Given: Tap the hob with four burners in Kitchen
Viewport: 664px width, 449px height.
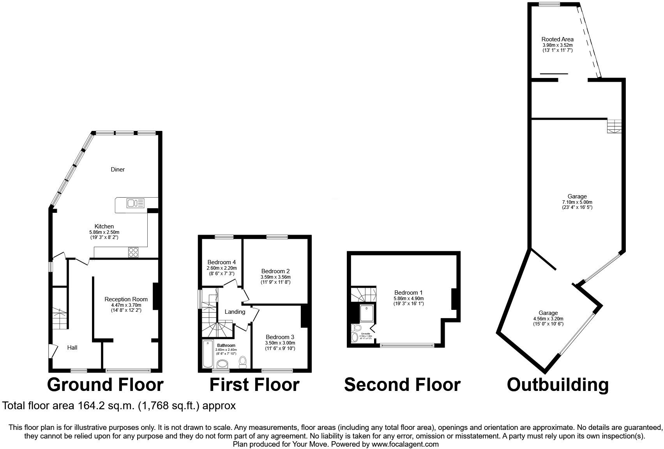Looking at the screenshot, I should tap(133, 253).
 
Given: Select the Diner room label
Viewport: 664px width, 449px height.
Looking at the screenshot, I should tap(118, 169).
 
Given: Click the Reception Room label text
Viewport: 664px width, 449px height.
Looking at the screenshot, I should tap(126, 299).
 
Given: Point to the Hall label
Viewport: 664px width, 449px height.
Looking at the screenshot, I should tap(72, 347).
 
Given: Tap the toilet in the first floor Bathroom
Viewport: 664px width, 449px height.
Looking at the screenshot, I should tap(243, 362).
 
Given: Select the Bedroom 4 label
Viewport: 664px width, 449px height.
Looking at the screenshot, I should tap(221, 262).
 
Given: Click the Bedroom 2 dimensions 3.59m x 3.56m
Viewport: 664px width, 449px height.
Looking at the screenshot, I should tap(275, 277).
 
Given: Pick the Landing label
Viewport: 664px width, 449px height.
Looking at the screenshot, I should tap(235, 311).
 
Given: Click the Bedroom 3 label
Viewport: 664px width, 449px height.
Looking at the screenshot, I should tap(280, 337).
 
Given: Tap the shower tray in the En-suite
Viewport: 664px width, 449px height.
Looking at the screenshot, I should tap(367, 314).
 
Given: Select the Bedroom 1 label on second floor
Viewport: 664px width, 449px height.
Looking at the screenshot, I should tap(408, 292).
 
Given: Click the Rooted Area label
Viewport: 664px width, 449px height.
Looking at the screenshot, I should tap(557, 39).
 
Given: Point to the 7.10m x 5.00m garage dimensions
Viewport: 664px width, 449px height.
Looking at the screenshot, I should tap(577, 202).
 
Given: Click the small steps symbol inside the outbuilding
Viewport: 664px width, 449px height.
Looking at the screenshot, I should tap(614, 126).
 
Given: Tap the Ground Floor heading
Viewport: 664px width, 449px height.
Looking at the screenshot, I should tap(105, 385).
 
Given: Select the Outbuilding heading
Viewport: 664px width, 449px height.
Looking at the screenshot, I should tap(558, 385).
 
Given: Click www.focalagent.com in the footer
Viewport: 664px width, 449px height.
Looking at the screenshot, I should tap(405, 444).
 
